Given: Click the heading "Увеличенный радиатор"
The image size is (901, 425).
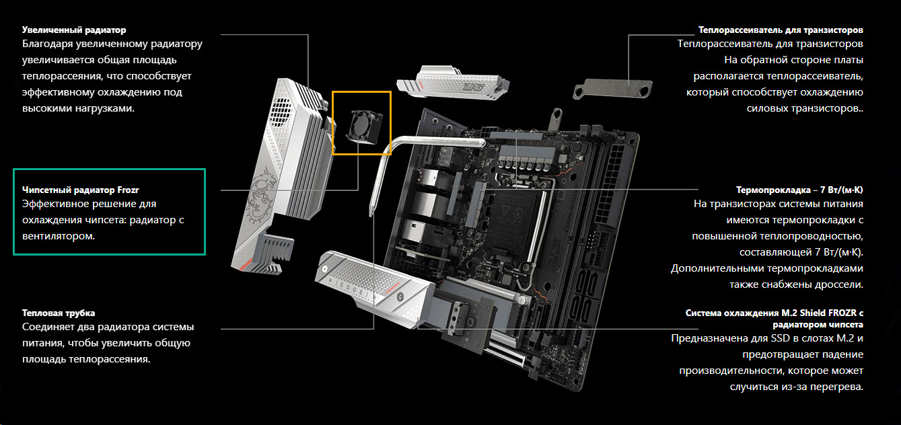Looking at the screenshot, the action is click(x=74, y=30).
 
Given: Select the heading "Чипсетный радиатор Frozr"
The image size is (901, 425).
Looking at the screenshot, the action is click(x=81, y=190).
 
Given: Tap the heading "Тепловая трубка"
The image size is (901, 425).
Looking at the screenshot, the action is click(x=59, y=313).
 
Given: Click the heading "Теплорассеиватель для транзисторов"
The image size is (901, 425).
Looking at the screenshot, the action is click(x=781, y=30).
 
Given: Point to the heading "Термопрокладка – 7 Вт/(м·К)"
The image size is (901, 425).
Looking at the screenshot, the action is click(x=799, y=190).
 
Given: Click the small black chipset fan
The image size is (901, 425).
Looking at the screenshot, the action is click(x=364, y=126).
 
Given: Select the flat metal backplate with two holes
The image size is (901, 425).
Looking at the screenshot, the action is click(x=612, y=89).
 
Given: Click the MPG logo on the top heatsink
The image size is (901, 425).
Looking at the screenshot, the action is click(x=472, y=86).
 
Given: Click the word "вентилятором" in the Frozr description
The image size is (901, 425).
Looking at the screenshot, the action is click(x=59, y=236).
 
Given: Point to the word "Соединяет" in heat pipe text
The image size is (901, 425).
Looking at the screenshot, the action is click(x=48, y=327).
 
